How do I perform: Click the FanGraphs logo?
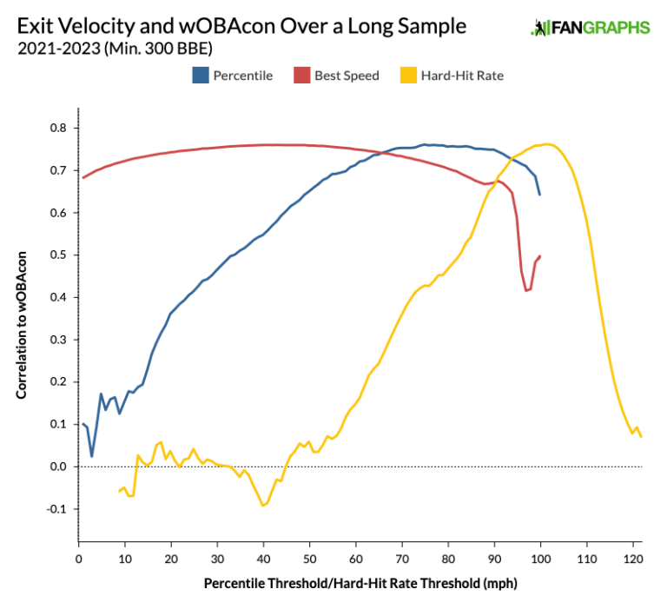click(x=590, y=28)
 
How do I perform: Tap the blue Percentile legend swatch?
click(x=200, y=76)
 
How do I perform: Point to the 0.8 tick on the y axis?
click(x=59, y=128)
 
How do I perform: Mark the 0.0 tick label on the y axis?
click(x=57, y=467)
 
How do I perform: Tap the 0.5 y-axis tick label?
click(x=59, y=255)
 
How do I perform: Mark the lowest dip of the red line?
click(x=526, y=290)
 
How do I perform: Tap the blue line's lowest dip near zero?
click(x=92, y=456)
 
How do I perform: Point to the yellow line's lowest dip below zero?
click(x=263, y=505)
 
